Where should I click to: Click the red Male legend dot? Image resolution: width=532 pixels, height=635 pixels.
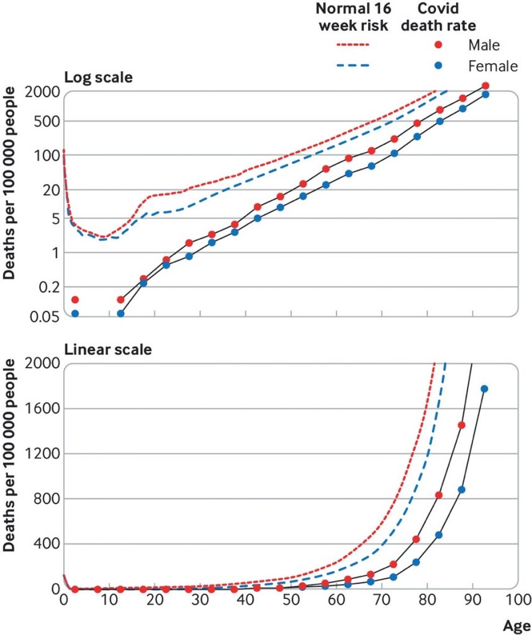tap(439, 45)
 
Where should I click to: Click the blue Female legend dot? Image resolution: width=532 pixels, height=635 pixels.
tap(439, 66)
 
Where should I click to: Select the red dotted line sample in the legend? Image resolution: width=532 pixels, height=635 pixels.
tap(352, 45)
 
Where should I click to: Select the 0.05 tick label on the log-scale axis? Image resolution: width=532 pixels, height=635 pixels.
tap(43, 316)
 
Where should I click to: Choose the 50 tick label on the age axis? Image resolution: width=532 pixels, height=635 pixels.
tap(291, 600)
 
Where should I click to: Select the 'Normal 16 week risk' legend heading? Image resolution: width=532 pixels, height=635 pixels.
tap(353, 17)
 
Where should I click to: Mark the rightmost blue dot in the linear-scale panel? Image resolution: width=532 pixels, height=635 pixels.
tap(485, 389)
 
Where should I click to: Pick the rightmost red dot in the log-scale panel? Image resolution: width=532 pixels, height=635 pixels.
tap(485, 86)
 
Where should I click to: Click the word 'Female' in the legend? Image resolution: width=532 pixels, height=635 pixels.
tap(494, 66)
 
